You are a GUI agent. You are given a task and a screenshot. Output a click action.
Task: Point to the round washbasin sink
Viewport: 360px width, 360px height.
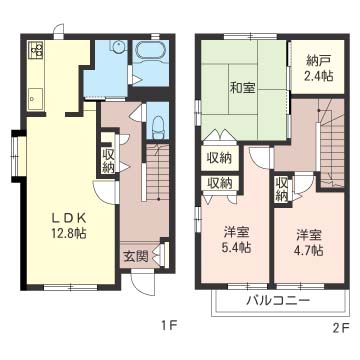click(118, 51)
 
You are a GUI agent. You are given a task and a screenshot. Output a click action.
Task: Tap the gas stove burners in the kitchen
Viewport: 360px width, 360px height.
click(36, 50)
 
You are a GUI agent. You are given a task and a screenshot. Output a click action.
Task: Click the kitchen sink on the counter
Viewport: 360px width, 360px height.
click(36, 97)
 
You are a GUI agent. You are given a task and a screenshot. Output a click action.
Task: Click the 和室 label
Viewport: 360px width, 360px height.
click(243, 88)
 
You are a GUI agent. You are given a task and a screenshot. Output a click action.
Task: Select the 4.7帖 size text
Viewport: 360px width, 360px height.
click(308, 250)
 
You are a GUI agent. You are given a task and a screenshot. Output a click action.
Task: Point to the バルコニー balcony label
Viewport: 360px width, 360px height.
click(276, 301)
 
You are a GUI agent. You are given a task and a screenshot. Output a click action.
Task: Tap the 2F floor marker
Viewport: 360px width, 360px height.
click(341, 326)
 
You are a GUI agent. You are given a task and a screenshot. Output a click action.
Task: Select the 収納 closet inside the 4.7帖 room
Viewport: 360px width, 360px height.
click(283, 188)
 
